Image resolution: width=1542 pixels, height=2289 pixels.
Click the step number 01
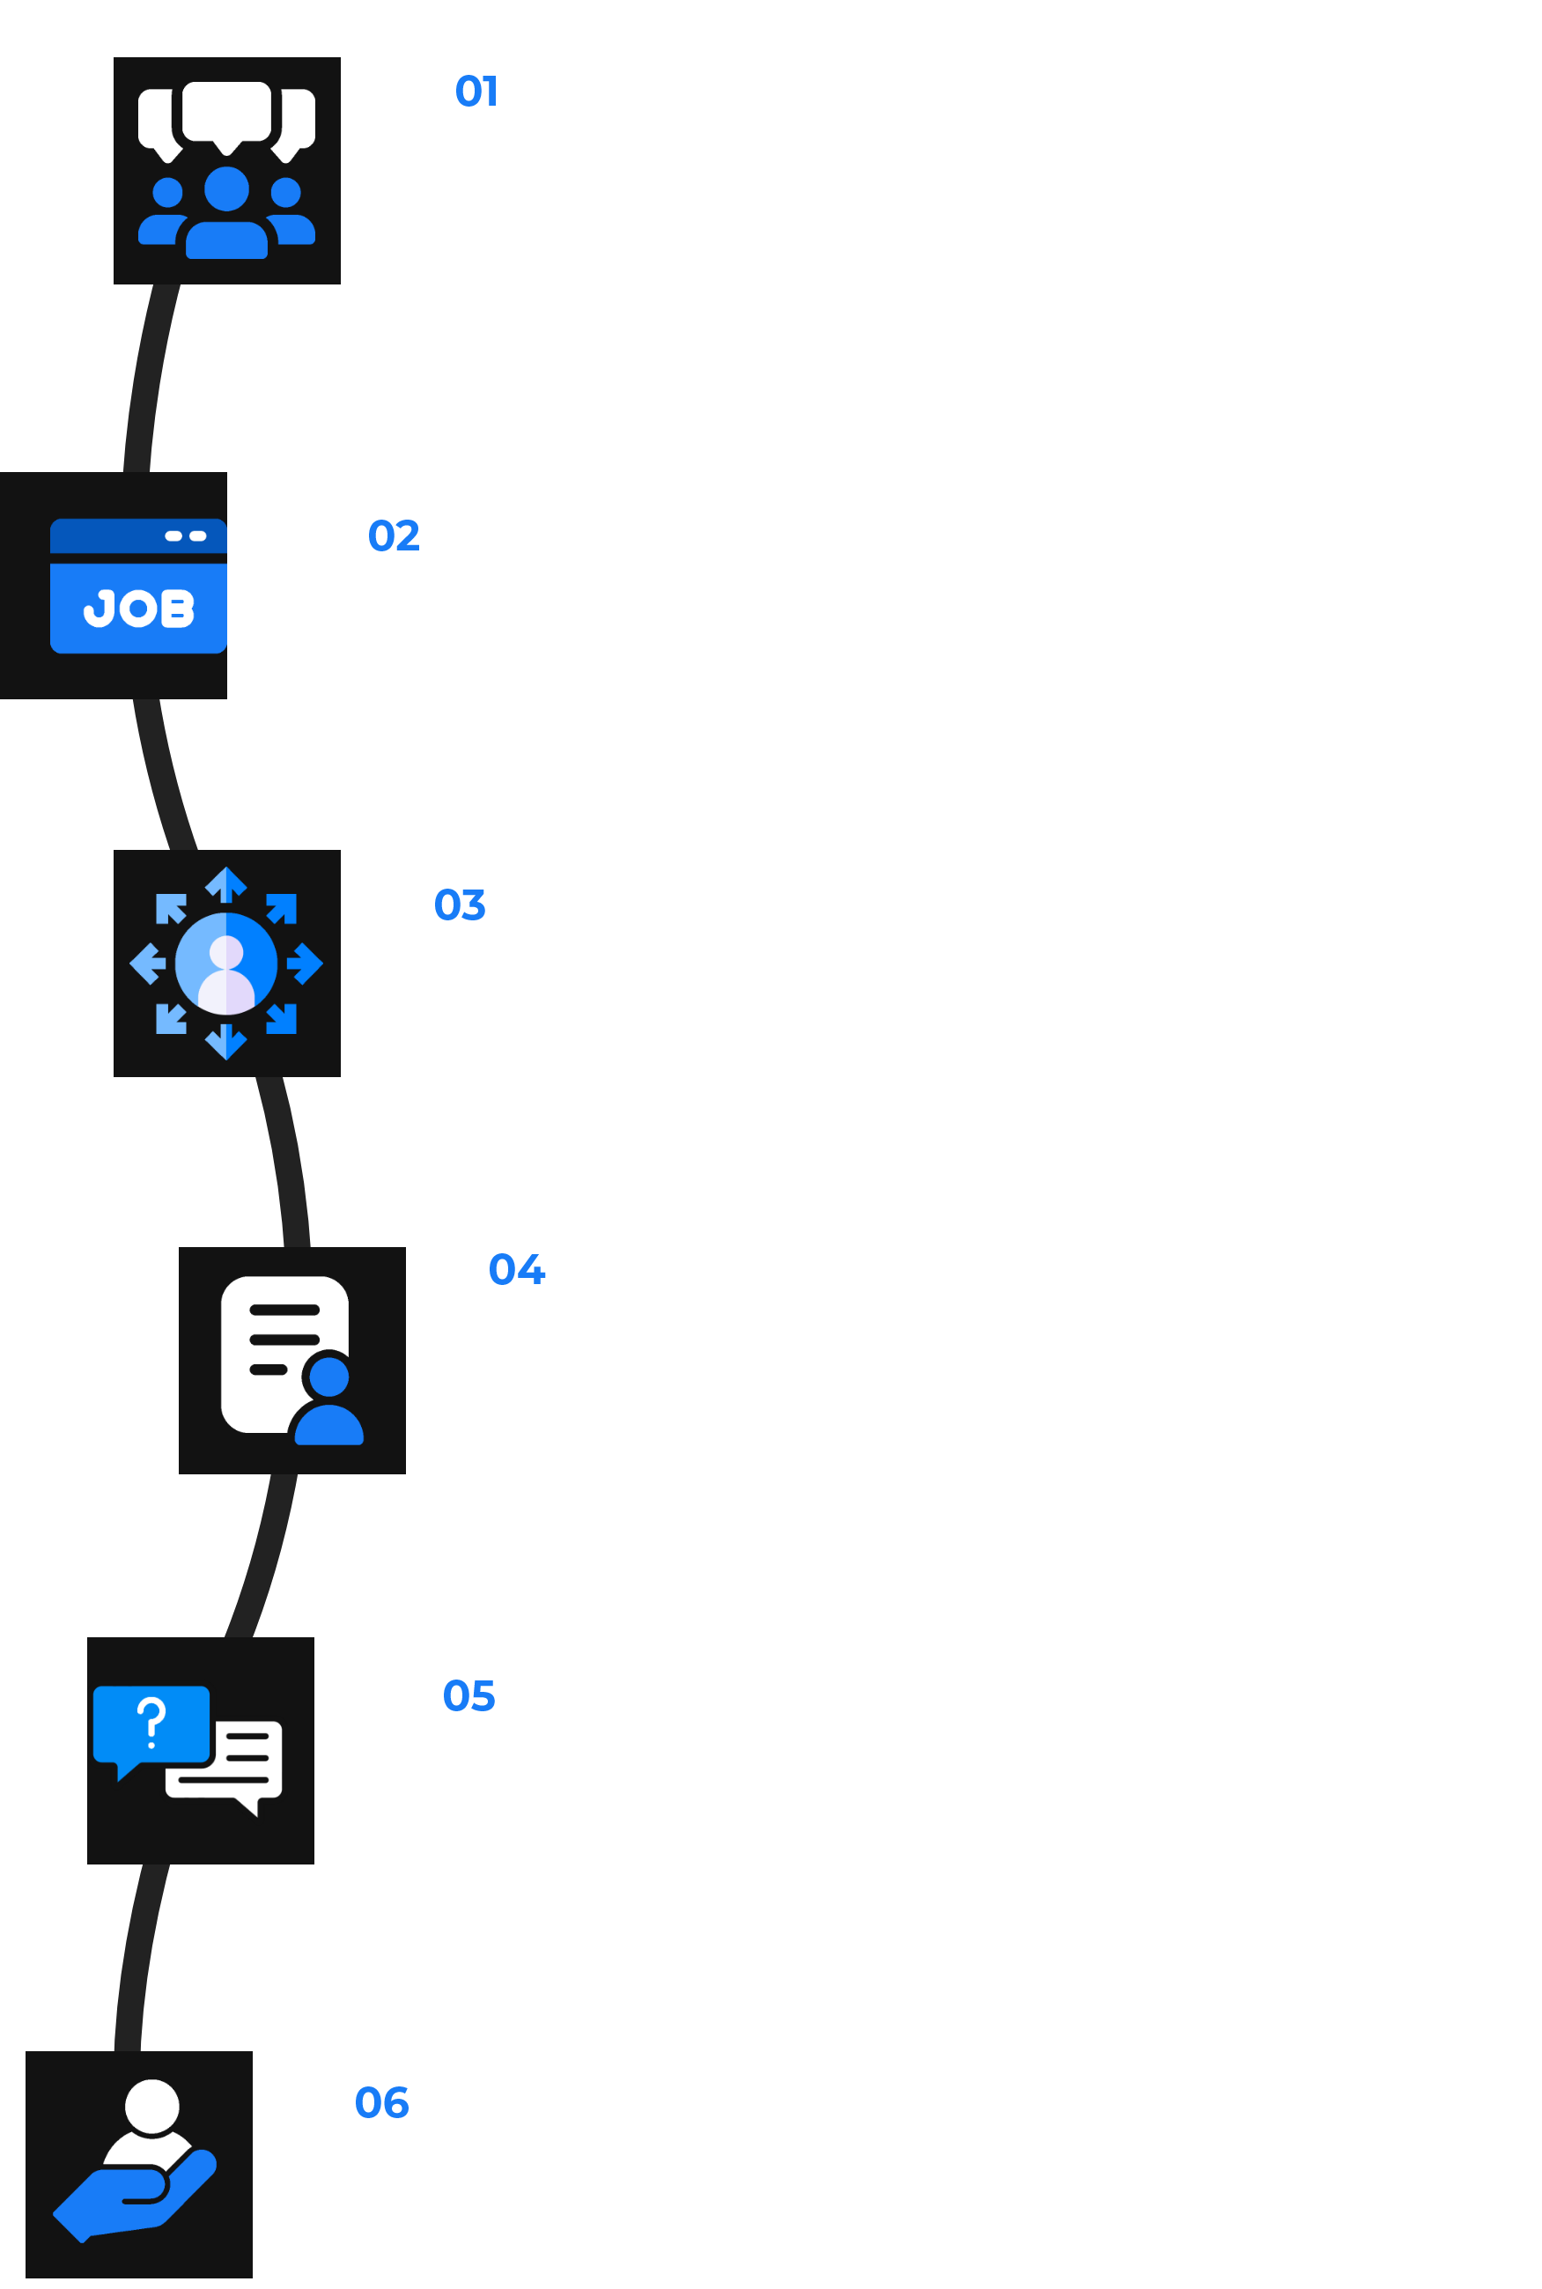tap(476, 92)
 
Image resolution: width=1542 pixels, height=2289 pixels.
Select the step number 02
tap(394, 535)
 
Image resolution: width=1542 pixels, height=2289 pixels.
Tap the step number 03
tap(460, 905)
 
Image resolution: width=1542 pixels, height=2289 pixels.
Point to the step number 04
tap(516, 1269)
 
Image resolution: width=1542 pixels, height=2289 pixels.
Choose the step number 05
tap(469, 1696)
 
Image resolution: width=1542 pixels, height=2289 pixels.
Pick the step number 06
tap(381, 2103)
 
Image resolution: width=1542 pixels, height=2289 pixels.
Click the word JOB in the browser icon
tap(138, 609)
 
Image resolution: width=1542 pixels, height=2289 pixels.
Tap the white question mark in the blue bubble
tap(151, 1722)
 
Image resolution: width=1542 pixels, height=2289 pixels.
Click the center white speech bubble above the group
tap(226, 113)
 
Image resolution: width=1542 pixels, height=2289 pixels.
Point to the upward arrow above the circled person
tap(226, 884)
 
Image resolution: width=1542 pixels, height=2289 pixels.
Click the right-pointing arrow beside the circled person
tap(306, 964)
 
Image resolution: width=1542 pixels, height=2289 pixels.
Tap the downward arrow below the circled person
tap(226, 1042)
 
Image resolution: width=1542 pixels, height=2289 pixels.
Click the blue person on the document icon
tap(328, 1401)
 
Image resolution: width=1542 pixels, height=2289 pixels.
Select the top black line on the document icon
tap(284, 1310)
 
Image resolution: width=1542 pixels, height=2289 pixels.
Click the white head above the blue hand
tap(152, 2106)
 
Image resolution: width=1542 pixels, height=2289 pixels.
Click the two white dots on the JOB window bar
tap(185, 535)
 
